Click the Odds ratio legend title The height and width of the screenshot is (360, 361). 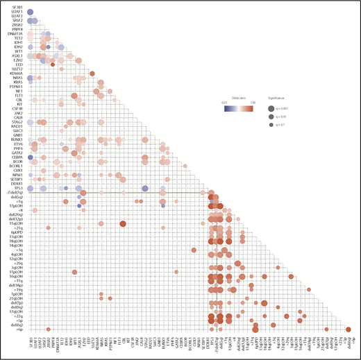click(243, 98)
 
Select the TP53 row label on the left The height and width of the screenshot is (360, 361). click(20, 187)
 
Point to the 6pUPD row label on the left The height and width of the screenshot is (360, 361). click(18, 231)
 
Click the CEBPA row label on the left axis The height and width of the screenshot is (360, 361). click(19, 158)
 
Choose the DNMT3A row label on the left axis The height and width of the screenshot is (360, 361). click(17, 32)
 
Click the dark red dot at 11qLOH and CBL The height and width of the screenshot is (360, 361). click(123, 223)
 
